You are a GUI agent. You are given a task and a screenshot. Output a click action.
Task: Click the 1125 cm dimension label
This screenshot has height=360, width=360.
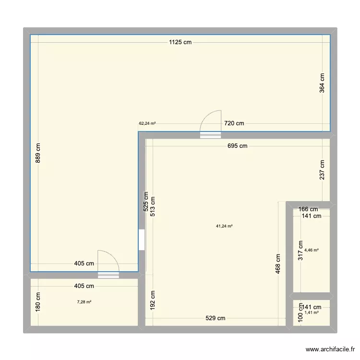coord(180,42)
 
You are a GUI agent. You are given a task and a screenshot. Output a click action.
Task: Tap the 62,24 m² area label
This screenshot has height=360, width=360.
coord(147,123)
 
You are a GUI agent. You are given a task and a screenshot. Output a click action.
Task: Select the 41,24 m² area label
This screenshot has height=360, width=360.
coord(224,226)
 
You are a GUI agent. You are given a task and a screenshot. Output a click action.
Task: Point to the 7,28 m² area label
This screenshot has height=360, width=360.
coord(84,302)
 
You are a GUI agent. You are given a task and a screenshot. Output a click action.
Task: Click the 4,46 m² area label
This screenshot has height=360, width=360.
coord(312,250)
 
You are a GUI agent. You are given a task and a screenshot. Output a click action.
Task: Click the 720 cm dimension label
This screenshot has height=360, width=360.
coord(234,123)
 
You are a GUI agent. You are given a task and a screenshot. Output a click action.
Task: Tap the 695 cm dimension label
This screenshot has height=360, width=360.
coord(237,146)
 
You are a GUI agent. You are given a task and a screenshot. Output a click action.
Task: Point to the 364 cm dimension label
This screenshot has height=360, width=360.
coord(322,83)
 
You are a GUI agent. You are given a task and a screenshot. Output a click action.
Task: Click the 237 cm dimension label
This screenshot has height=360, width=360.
coord(322,170)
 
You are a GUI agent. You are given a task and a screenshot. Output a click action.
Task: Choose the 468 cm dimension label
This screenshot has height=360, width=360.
coord(278,264)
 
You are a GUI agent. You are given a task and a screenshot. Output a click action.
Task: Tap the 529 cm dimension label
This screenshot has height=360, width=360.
coord(215,318)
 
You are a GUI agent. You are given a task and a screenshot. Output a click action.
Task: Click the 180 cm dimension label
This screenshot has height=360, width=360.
coord(38,302)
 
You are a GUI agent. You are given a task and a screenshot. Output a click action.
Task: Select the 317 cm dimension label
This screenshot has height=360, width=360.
coord(301,250)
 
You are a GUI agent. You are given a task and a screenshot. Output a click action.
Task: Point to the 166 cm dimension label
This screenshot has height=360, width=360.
coord(308,209)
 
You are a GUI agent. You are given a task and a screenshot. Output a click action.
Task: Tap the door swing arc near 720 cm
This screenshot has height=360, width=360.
coord(210,120)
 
